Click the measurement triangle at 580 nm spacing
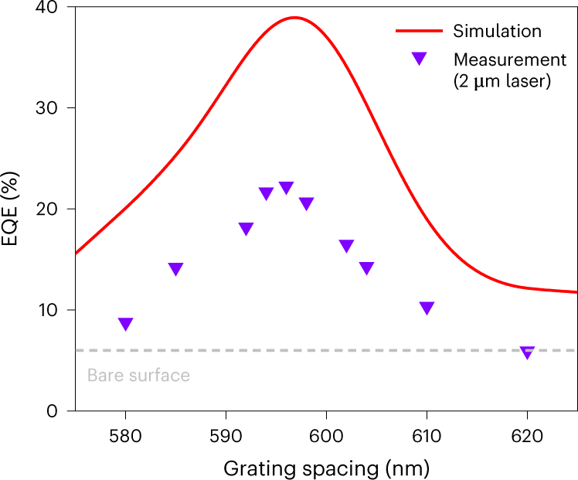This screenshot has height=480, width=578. coord(125,324)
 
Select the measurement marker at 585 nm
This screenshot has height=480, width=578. coord(175,269)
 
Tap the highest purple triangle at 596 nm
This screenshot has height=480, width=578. coord(286,188)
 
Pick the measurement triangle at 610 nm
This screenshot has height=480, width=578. coord(427,308)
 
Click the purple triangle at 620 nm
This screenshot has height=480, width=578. coord(527,352)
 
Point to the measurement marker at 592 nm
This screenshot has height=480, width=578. coord(246,229)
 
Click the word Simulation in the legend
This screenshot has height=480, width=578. coord(498,32)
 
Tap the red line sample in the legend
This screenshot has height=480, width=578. coord(420,32)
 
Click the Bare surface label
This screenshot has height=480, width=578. coord(138,376)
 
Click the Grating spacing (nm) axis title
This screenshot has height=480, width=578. coord(325,468)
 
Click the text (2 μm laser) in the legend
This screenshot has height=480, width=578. coord(501,80)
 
